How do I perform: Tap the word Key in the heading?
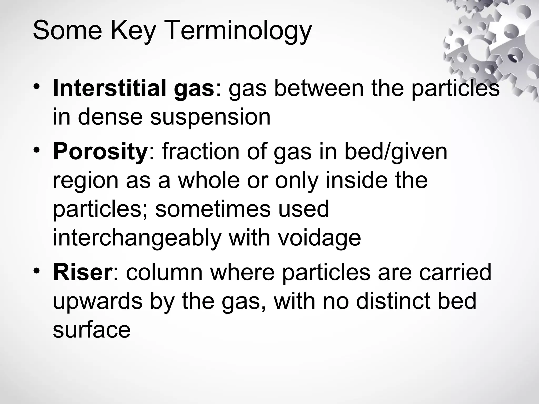[133, 31]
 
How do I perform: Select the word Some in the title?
[67, 31]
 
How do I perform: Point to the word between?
[317, 88]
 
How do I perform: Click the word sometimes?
[213, 209]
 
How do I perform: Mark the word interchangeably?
[137, 238]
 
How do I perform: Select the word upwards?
[98, 301]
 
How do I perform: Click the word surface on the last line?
[92, 330]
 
